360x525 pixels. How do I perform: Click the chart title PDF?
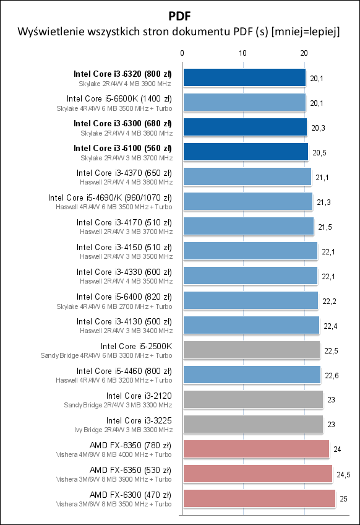point(179,14)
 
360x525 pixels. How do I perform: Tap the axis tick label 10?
point(243,54)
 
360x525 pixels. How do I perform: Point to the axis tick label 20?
point(304,54)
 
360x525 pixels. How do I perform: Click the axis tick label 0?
point(182,54)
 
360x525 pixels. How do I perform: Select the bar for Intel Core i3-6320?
point(244,77)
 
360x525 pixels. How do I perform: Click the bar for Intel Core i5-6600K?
point(244,102)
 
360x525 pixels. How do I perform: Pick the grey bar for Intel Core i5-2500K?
point(251,350)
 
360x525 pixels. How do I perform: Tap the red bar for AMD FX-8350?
point(256,449)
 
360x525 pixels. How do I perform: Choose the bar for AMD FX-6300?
point(259,498)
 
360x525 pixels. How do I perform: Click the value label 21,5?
point(324,227)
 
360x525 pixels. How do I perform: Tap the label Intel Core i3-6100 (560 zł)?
point(122,148)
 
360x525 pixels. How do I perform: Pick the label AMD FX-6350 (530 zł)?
point(131,470)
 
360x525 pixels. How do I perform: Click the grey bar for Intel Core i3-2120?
point(252,399)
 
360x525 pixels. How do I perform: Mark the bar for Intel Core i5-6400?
point(250,300)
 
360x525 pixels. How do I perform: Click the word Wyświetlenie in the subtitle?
point(49,31)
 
